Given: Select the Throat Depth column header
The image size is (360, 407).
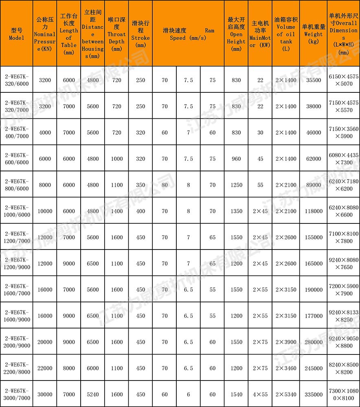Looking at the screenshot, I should tap(116, 34).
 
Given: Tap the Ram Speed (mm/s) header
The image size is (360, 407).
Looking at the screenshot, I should tap(188, 34).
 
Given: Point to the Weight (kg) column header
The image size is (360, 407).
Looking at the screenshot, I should tap(314, 34).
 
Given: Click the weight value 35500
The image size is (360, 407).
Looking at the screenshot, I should tap(314, 80).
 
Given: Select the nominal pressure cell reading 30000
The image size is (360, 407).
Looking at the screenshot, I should tap(45, 394).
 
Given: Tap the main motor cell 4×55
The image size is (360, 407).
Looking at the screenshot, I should tap(260, 394).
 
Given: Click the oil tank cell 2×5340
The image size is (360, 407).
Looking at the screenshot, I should tap(285, 394).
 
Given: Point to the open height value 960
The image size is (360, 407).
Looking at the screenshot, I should tap(236, 159).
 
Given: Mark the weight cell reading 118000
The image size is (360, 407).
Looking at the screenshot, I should tap(314, 211).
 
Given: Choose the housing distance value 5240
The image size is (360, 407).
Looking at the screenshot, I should tap(92, 394).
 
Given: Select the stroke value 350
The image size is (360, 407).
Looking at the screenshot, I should tap(140, 185).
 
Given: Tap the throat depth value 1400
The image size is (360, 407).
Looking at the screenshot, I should tap(116, 211).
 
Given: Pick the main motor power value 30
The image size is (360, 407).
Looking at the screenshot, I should tap(260, 132).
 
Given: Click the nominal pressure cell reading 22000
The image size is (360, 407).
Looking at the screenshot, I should tap(45, 368).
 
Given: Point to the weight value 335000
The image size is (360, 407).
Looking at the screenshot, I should tap(314, 394).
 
